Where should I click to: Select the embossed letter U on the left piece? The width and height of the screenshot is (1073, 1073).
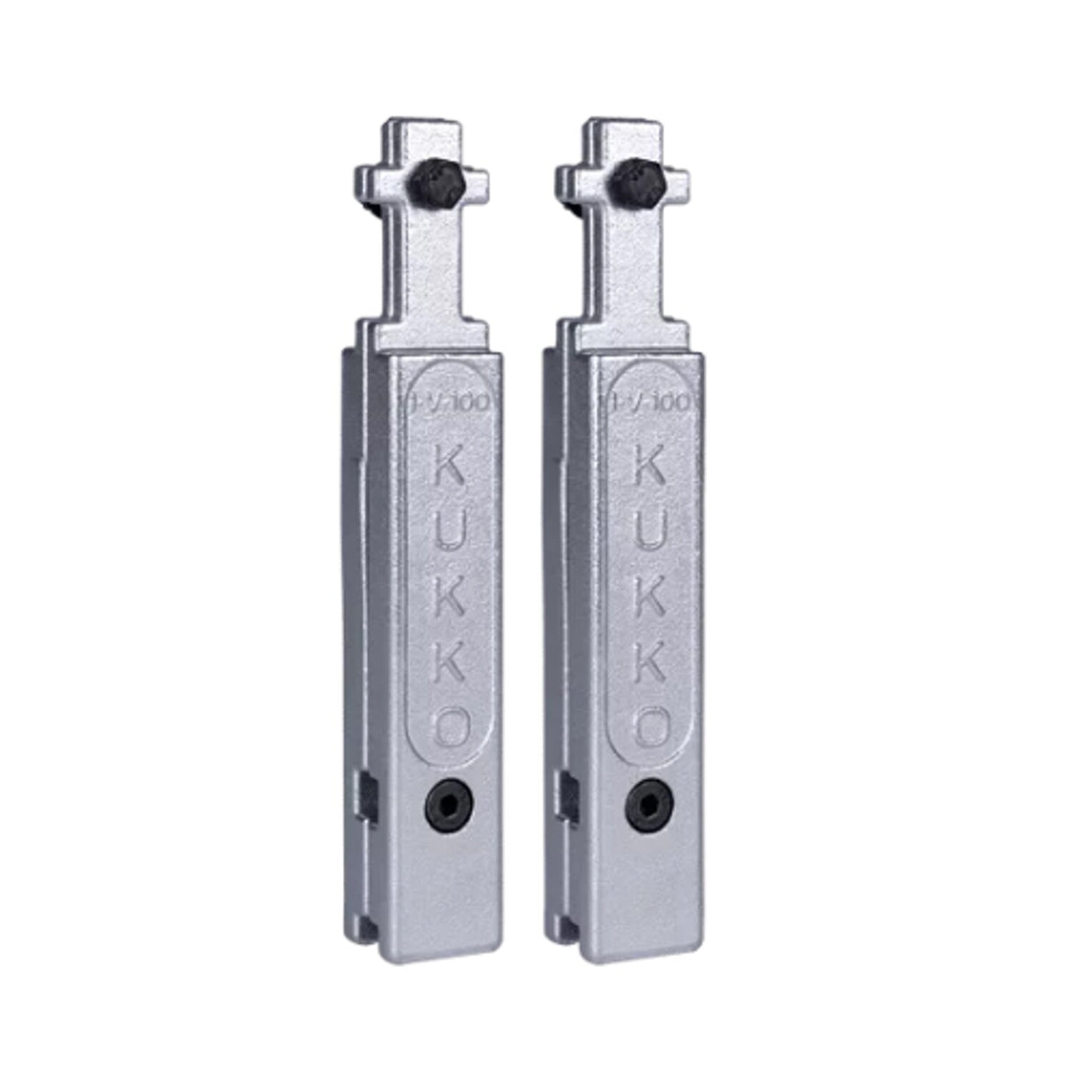coord(449,533)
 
